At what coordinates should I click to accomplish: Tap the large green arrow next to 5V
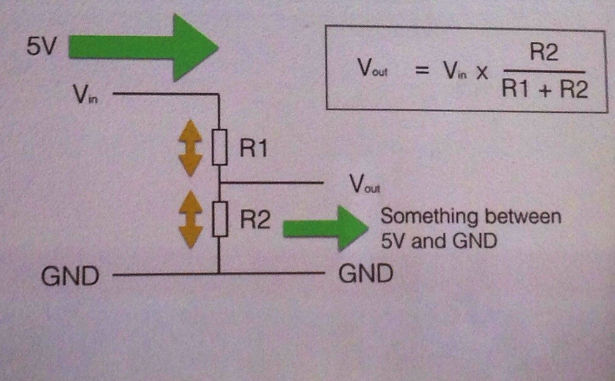[142, 47]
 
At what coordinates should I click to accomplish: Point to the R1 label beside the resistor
[253, 149]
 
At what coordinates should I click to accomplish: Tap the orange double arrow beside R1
[190, 150]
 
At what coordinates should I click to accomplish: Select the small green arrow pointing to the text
[324, 227]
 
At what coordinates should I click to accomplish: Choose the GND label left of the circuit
[70, 275]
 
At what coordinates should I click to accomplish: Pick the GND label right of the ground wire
[366, 274]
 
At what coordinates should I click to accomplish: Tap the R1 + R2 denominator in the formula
[543, 91]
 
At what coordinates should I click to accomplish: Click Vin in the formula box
[456, 70]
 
